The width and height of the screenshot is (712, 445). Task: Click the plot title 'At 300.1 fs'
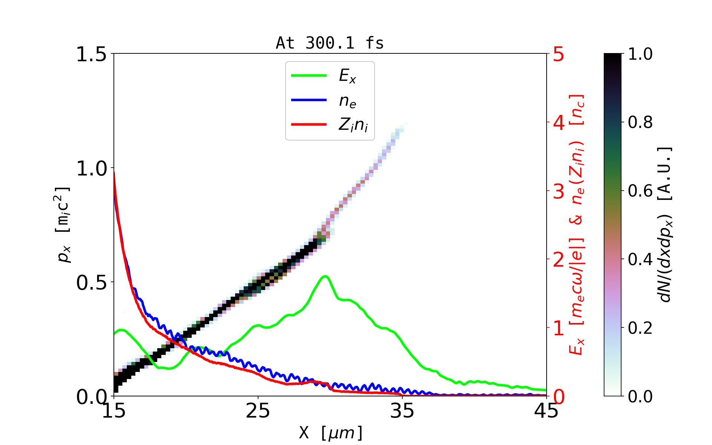tap(330, 43)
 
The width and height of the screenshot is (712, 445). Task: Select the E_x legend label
tap(347, 76)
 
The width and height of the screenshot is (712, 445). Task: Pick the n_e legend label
tap(347, 100)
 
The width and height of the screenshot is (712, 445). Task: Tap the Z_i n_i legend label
tap(353, 125)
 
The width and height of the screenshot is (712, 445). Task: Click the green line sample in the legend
tap(309, 76)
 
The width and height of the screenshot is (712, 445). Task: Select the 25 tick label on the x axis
tap(258, 411)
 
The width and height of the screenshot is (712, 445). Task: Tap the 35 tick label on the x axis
tap(402, 411)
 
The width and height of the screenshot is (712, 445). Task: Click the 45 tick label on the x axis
tap(546, 411)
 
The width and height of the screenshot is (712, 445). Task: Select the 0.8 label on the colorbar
tap(640, 122)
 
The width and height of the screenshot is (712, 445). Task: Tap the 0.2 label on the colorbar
tap(640, 328)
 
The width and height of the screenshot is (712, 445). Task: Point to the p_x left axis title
tap(63, 225)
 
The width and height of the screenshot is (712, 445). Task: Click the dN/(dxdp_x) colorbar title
tap(665, 225)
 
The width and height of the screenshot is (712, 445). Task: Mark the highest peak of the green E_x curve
tap(325, 276)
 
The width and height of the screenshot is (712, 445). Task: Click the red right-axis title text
tap(577, 225)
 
